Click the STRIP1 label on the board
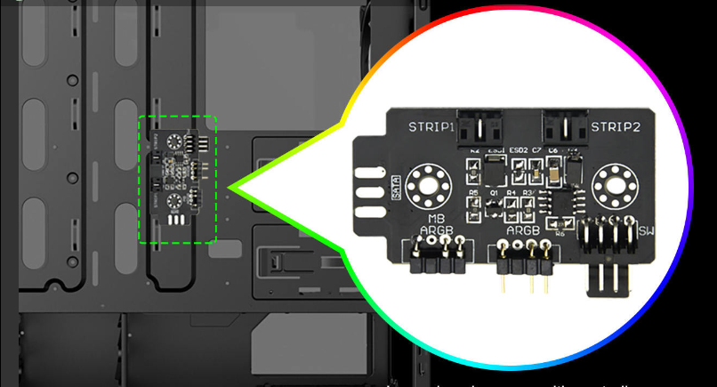[431, 126]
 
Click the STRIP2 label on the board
[615, 126]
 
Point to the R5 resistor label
[473, 192]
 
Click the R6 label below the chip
[560, 233]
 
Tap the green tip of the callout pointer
[233, 186]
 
